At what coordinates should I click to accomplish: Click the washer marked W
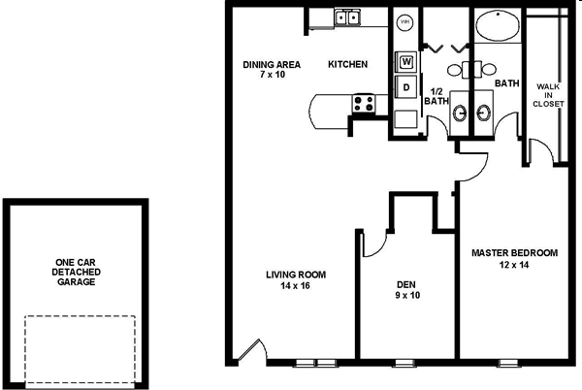coord(406,61)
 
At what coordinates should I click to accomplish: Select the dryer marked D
coord(406,87)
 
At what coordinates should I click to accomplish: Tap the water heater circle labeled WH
coord(404,22)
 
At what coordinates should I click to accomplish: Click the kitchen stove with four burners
coord(364,104)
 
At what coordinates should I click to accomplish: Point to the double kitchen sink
coord(347,17)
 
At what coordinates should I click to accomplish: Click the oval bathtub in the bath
coord(498,24)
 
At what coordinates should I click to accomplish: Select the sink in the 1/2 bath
coord(460,113)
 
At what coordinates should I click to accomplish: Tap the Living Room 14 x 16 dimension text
coord(296,286)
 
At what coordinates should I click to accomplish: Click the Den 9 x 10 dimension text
coord(407,295)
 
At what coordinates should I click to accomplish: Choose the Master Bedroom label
coord(514,253)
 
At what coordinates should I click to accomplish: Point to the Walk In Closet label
coord(548,95)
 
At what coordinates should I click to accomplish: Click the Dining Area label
coord(272,65)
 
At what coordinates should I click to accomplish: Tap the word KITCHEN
coord(348,64)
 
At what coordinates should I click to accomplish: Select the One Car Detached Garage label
coord(76,272)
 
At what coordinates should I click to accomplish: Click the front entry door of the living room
coord(251,349)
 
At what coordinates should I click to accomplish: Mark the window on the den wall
coord(404,363)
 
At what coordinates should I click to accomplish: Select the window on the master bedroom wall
coord(509,363)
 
